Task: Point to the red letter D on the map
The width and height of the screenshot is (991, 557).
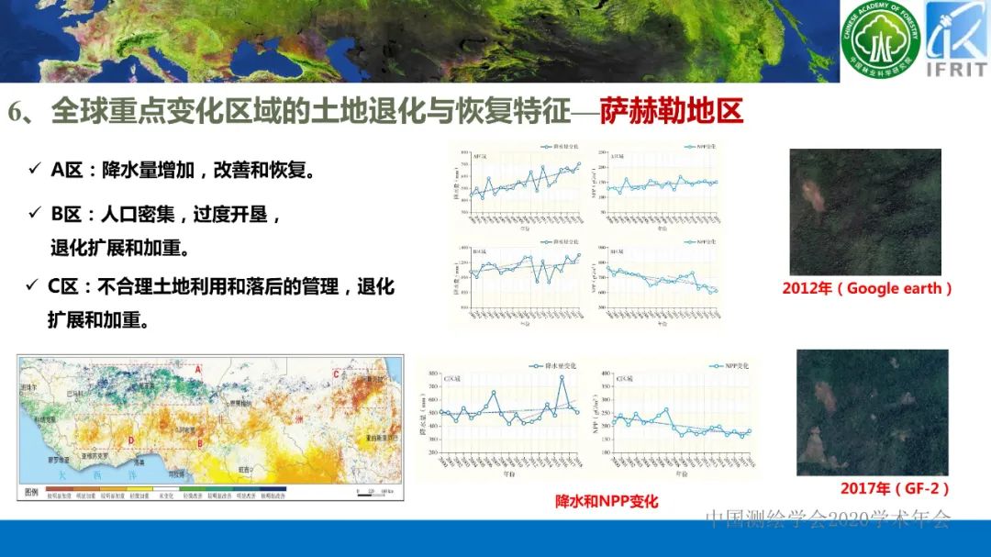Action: (x=133, y=440)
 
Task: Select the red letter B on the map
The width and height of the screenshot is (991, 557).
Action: (x=200, y=444)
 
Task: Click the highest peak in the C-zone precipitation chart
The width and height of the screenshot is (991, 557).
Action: (x=562, y=377)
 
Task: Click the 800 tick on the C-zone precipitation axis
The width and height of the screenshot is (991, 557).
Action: (x=437, y=376)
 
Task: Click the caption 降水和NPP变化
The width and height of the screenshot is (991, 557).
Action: (x=607, y=502)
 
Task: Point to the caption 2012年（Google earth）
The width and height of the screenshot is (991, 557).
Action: (x=867, y=288)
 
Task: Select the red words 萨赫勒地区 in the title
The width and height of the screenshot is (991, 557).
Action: (x=672, y=112)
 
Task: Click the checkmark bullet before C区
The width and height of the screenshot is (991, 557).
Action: (x=32, y=286)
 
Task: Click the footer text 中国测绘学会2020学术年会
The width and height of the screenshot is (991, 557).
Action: (x=828, y=519)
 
